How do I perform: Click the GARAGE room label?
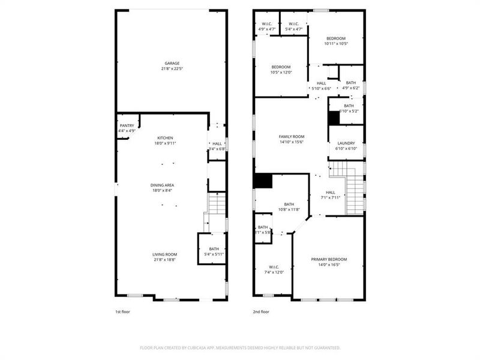coord(172,63)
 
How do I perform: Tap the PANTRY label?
coord(127,125)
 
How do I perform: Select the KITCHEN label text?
coord(165,138)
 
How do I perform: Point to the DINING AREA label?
coord(163,185)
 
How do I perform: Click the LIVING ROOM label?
coord(164,254)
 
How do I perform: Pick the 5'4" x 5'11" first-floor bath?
coord(214,249)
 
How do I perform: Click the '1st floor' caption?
coord(122,312)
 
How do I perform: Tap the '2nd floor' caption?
coord(260,312)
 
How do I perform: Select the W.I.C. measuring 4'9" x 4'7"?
coord(266,25)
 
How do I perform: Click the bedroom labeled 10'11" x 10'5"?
coord(336,38)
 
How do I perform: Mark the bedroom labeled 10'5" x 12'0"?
coord(281,67)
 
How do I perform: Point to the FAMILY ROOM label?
coord(292,137)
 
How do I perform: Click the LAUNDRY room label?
coord(346,143)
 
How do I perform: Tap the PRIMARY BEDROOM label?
coord(329,259)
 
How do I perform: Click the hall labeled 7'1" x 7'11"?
coord(329,193)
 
